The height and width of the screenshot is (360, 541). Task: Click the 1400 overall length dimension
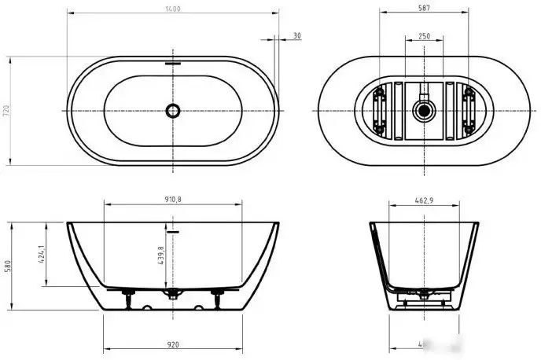pyautogui.click(x=174, y=9)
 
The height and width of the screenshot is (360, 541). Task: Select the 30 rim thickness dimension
pyautogui.click(x=296, y=35)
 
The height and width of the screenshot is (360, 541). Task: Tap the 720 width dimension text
pyautogui.click(x=6, y=111)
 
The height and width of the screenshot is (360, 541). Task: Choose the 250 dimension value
pyautogui.click(x=425, y=35)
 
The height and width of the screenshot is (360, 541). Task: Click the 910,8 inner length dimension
pyautogui.click(x=174, y=200)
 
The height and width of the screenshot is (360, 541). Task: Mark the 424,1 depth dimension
pyautogui.click(x=40, y=254)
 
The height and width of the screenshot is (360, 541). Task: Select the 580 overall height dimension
pyautogui.click(x=6, y=266)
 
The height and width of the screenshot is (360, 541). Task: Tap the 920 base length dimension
pyautogui.click(x=174, y=343)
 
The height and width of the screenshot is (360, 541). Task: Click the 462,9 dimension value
pyautogui.click(x=425, y=200)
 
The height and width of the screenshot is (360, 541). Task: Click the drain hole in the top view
pyautogui.click(x=174, y=111)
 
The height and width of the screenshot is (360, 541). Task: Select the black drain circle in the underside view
pyautogui.click(x=425, y=111)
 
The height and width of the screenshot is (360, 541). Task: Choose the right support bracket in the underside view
pyautogui.click(x=469, y=111)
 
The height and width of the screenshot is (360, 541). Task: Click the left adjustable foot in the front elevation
pyautogui.click(x=126, y=297)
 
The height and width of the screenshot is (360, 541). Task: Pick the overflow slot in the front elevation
pyautogui.click(x=174, y=232)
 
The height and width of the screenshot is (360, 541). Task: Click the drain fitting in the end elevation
pyautogui.click(x=425, y=297)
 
